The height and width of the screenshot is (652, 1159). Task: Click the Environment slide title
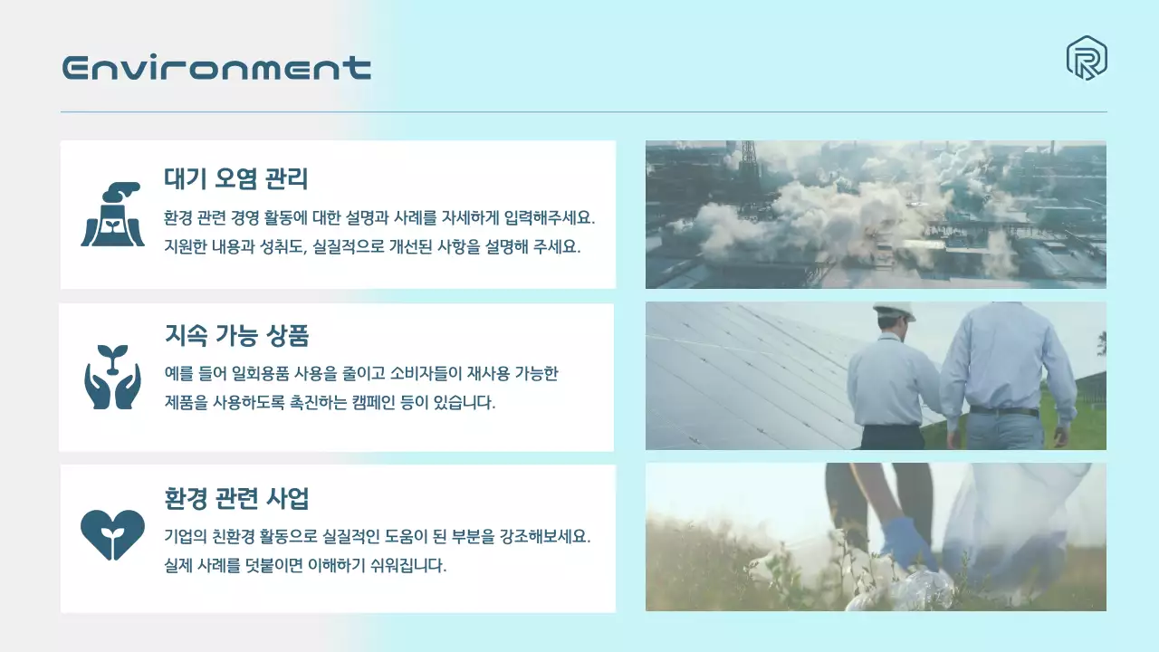(x=216, y=68)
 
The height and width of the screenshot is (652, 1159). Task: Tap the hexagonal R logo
(x=1087, y=59)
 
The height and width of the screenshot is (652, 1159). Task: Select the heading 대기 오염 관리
(x=236, y=179)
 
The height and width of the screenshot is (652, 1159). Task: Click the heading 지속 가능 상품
(x=236, y=337)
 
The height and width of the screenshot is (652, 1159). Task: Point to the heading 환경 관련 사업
(x=236, y=498)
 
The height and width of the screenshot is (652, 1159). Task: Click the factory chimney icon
(x=112, y=215)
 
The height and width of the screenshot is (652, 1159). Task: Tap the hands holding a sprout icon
(x=112, y=376)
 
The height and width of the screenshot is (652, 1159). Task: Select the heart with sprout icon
(x=112, y=534)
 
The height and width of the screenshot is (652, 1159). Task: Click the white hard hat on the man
(x=895, y=311)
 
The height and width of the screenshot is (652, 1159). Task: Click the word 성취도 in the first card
(x=279, y=246)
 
